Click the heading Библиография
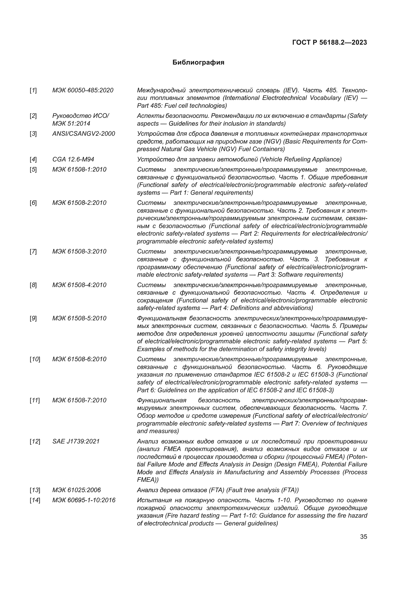point(198,63)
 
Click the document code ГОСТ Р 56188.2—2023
point(330,43)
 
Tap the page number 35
point(364,537)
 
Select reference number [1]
point(33,91)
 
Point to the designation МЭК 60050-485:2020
point(83,91)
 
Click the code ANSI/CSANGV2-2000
point(84,134)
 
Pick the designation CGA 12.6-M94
point(73,160)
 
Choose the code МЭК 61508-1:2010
point(79,170)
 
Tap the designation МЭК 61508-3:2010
point(79,251)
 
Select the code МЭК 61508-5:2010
point(79,318)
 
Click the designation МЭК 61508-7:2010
point(79,400)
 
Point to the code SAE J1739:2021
point(76,441)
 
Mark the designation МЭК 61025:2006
point(77,490)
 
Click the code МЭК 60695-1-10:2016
point(84,500)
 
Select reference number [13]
point(35,490)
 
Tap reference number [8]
point(33,285)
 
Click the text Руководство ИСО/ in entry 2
point(81,116)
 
